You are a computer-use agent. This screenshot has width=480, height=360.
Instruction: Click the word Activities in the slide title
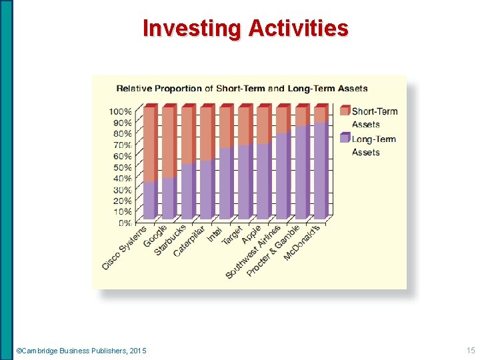click(298, 29)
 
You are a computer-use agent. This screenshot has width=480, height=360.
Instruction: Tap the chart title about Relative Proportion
click(242, 88)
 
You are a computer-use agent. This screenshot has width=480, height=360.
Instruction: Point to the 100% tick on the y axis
click(121, 111)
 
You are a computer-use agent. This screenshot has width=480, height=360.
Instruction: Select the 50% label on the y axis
click(121, 167)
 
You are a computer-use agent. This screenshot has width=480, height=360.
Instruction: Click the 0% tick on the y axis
click(124, 223)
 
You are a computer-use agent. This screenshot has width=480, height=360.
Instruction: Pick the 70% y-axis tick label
click(121, 145)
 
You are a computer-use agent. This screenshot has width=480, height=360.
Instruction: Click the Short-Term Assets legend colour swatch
click(345, 111)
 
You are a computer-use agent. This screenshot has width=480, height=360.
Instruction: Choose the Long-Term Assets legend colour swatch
click(345, 139)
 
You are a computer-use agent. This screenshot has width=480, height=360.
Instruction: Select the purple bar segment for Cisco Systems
click(150, 200)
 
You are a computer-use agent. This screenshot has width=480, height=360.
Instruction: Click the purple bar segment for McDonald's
click(321, 171)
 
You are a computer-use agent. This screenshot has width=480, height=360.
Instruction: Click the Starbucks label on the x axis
click(171, 239)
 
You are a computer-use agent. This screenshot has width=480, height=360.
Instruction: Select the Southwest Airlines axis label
click(253, 252)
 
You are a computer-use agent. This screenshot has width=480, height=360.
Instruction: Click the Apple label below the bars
click(252, 233)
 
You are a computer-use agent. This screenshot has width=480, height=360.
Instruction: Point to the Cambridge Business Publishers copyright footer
click(81, 351)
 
